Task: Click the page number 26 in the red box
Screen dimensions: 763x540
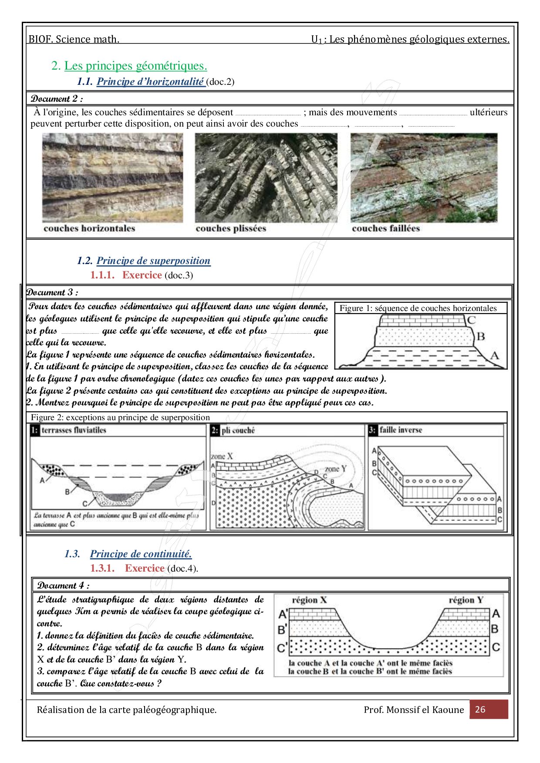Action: click(x=480, y=709)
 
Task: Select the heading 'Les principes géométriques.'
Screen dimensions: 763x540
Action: click(x=135, y=66)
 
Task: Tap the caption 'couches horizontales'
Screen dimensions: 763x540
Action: click(x=89, y=228)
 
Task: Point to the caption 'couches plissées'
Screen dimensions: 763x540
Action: click(x=231, y=228)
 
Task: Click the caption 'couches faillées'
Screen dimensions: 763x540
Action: click(x=386, y=228)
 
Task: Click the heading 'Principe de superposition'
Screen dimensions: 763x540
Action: click(x=153, y=261)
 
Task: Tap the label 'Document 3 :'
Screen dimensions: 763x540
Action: click(x=52, y=292)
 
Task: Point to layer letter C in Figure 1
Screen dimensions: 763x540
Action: click(x=472, y=320)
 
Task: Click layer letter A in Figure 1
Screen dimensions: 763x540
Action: click(x=494, y=355)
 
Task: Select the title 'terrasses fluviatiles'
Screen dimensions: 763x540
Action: click(x=74, y=430)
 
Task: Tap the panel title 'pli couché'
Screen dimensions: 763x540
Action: click(x=238, y=430)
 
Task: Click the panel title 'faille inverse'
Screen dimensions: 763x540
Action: click(x=400, y=430)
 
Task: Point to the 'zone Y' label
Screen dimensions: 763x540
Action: click(x=335, y=469)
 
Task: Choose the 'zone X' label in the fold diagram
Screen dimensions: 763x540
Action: click(x=222, y=456)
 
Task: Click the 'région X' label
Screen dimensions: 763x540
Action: click(x=309, y=600)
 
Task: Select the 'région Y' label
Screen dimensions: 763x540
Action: click(x=466, y=600)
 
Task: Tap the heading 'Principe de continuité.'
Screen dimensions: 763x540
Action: click(x=141, y=554)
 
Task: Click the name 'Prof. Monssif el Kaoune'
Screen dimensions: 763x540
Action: click(x=414, y=709)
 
